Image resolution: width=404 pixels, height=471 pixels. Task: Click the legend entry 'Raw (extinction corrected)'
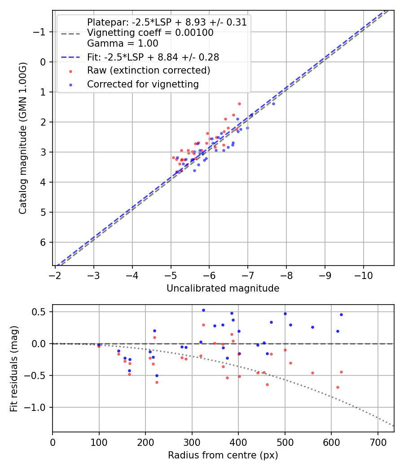[x=148, y=70]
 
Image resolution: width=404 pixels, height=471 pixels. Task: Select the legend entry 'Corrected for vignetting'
[x=143, y=84]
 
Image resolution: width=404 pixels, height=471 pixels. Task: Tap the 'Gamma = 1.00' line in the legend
[x=123, y=44]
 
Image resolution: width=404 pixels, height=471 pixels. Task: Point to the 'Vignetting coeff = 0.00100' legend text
[x=150, y=33]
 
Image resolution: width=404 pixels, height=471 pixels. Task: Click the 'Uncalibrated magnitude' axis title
[x=223, y=288]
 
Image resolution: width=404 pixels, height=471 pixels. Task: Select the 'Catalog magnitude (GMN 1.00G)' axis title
[x=23, y=138]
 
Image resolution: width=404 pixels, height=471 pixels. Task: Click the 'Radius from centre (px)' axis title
[x=223, y=455]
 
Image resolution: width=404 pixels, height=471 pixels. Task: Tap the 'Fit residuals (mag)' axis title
[x=14, y=368]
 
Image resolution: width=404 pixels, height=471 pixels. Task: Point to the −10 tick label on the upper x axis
[x=363, y=275]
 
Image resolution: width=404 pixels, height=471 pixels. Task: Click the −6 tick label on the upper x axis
[x=209, y=275]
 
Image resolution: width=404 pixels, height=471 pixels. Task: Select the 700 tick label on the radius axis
[x=378, y=441]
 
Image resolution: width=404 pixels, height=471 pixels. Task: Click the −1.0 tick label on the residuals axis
[x=39, y=407]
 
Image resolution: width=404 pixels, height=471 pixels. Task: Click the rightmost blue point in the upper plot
[x=273, y=104]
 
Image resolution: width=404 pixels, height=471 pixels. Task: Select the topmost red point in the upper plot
[x=239, y=104]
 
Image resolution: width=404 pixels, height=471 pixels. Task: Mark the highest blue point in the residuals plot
[x=203, y=310]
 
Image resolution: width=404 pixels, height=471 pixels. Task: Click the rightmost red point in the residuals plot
[x=341, y=372]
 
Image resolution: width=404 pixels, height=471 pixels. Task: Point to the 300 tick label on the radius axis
[x=192, y=441]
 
